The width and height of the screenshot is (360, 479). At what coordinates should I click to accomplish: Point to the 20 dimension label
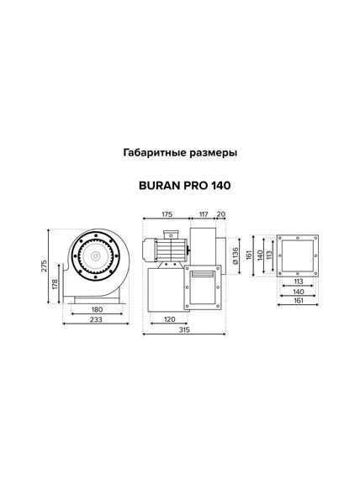pyautogui.click(x=220, y=215)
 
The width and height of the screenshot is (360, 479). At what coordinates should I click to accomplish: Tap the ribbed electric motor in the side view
pyautogui.click(x=168, y=247)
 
